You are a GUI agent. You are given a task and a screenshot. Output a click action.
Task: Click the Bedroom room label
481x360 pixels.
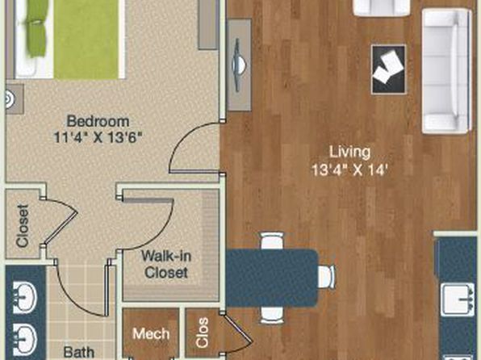98,121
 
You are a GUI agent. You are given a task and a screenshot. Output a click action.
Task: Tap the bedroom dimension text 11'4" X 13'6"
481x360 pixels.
98,137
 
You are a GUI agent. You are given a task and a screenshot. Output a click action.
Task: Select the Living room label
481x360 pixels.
349,153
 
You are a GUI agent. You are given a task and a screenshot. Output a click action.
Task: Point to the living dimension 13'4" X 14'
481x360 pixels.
348,170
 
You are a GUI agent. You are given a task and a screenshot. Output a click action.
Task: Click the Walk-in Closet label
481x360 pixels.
166,264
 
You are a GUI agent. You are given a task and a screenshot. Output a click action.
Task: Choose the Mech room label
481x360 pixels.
151,333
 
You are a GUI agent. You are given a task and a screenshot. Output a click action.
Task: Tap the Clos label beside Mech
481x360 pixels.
203,333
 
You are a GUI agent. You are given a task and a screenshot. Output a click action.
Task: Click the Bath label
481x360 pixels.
78,352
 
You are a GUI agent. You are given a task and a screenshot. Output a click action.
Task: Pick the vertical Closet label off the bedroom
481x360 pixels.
23,225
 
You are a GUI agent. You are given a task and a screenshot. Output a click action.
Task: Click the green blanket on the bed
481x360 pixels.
86,39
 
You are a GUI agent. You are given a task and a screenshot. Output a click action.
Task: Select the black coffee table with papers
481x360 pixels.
389,69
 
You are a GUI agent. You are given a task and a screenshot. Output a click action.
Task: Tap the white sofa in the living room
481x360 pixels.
446,71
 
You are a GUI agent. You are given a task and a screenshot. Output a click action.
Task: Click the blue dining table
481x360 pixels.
272,278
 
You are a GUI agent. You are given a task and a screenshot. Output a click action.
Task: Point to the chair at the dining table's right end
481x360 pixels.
326,277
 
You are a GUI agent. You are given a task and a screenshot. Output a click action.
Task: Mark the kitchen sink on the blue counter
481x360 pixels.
457,299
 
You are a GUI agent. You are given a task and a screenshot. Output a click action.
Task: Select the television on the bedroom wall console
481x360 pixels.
239,65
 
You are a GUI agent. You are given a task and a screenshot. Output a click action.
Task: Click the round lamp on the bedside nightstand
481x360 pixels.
9,99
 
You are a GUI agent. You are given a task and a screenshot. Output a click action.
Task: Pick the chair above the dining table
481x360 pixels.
272,241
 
